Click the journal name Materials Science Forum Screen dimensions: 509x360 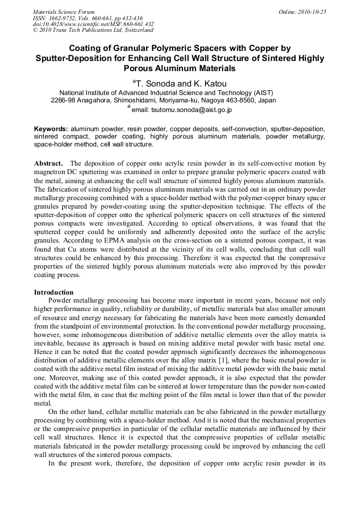(x=64, y=11)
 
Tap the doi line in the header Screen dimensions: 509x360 (x=93, y=24)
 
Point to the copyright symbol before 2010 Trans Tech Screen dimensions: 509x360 (x=35, y=30)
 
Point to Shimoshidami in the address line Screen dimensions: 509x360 (x=136, y=99)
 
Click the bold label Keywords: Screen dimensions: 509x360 (x=50, y=129)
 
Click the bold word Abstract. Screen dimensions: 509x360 (x=48, y=163)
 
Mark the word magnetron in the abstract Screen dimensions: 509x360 (x=52, y=172)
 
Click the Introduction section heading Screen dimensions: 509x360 (x=54, y=292)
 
